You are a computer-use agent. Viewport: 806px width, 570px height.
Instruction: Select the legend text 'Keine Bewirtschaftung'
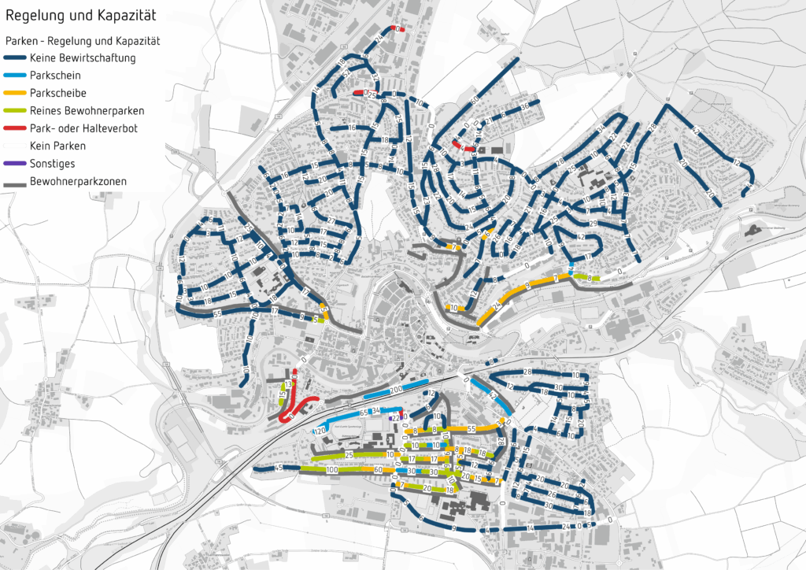[83, 57]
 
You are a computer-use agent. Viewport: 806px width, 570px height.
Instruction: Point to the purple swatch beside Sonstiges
[15, 163]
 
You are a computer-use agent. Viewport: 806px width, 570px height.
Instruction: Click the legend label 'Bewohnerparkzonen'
[77, 182]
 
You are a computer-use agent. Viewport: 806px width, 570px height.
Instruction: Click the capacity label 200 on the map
[395, 390]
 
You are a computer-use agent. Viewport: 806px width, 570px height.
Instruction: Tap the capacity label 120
[320, 431]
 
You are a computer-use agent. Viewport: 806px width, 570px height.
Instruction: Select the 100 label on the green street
[331, 470]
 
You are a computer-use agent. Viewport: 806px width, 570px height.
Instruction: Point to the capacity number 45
[279, 469]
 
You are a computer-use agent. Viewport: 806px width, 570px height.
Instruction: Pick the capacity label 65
[364, 413]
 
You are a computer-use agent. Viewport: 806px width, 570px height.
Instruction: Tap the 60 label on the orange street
[379, 470]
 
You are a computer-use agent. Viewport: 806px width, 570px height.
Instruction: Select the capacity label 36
[525, 106]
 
